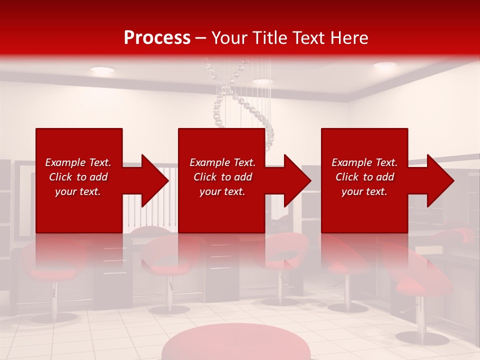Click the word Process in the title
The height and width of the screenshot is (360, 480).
[157, 38]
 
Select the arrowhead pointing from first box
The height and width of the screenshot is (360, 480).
[154, 180]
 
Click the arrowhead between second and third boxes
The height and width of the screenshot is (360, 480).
[297, 180]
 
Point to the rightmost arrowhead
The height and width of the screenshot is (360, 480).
[440, 180]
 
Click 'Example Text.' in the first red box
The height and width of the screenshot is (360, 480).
[78, 162]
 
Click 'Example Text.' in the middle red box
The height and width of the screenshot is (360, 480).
[222, 162]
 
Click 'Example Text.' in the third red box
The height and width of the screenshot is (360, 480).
[364, 162]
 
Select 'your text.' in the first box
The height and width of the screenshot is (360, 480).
[78, 191]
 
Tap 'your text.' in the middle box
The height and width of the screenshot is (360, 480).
[222, 191]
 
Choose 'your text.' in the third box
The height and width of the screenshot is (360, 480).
[364, 191]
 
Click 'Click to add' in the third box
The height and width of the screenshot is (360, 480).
[364, 177]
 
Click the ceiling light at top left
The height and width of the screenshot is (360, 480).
[102, 70]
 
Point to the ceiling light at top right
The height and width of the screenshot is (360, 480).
[384, 65]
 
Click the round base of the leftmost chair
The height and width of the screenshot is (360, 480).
[54, 317]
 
